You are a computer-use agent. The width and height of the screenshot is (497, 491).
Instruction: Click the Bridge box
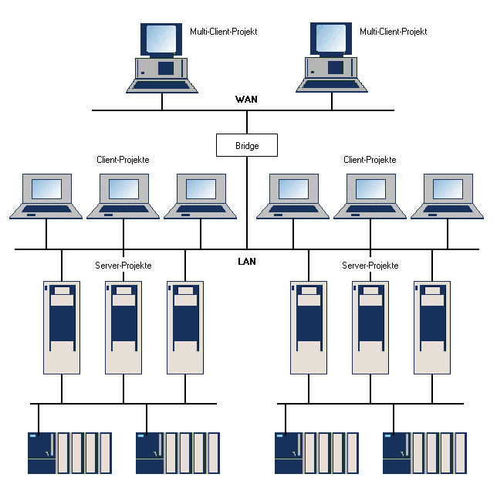coord(246,145)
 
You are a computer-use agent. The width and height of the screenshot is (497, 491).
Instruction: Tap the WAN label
coord(246,100)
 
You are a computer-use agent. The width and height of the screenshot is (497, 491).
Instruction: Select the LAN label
coord(246,262)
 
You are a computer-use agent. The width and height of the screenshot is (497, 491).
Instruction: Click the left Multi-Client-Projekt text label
coord(223,32)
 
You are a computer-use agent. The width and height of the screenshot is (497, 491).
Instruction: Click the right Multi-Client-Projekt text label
coord(393,32)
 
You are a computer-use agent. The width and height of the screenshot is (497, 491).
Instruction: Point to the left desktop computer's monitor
coord(161,39)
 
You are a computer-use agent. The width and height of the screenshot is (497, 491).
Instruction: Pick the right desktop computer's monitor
coord(331,39)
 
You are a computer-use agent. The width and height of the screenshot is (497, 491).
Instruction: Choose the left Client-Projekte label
coord(123,160)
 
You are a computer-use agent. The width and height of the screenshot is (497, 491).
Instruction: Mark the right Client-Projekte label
coord(370,160)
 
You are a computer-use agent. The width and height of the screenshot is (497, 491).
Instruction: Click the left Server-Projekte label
coord(123,266)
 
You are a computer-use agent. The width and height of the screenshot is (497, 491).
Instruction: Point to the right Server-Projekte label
coord(370,266)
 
